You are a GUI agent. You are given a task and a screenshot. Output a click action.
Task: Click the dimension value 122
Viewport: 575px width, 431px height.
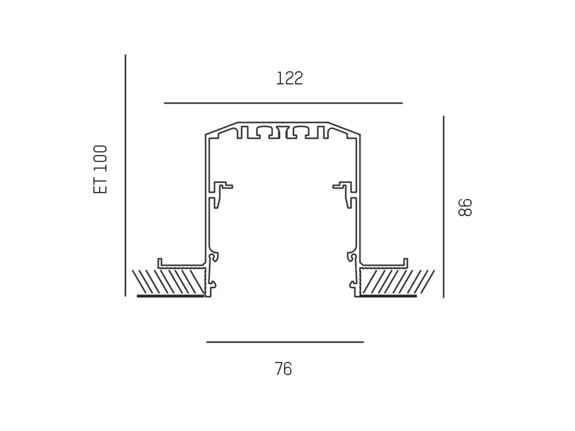tap(290, 78)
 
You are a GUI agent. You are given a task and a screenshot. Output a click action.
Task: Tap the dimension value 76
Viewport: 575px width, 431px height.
tap(283, 368)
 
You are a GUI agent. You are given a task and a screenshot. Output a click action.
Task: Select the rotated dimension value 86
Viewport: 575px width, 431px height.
tap(465, 208)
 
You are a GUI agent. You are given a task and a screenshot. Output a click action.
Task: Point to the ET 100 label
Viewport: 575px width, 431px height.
tap(100, 170)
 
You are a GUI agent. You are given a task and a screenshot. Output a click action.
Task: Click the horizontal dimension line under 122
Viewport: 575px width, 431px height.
tap(283, 103)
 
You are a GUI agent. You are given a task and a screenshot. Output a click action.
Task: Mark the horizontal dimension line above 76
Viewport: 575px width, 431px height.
tap(285, 342)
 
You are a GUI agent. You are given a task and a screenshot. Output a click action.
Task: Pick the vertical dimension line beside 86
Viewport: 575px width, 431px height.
tap(444, 207)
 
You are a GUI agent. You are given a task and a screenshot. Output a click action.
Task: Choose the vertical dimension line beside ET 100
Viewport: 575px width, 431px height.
tap(125, 175)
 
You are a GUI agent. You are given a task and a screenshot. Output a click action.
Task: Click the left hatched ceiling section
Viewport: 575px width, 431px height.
tap(169, 281)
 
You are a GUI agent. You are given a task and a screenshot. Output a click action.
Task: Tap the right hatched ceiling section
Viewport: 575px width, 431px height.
tap(397, 281)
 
